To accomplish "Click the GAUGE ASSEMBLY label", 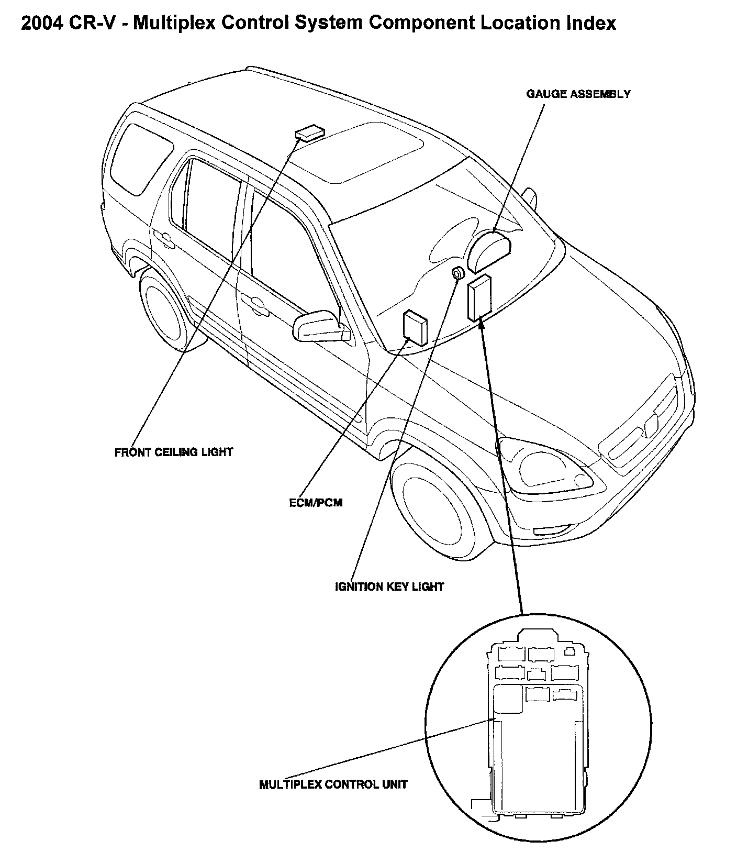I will point(578,94).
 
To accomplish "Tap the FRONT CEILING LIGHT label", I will point(173,452).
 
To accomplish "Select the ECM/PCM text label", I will point(316,503).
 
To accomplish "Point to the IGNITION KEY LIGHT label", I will point(389,587).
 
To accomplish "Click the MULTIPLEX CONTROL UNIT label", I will point(333,784).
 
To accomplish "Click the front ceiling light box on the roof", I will point(309,133).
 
